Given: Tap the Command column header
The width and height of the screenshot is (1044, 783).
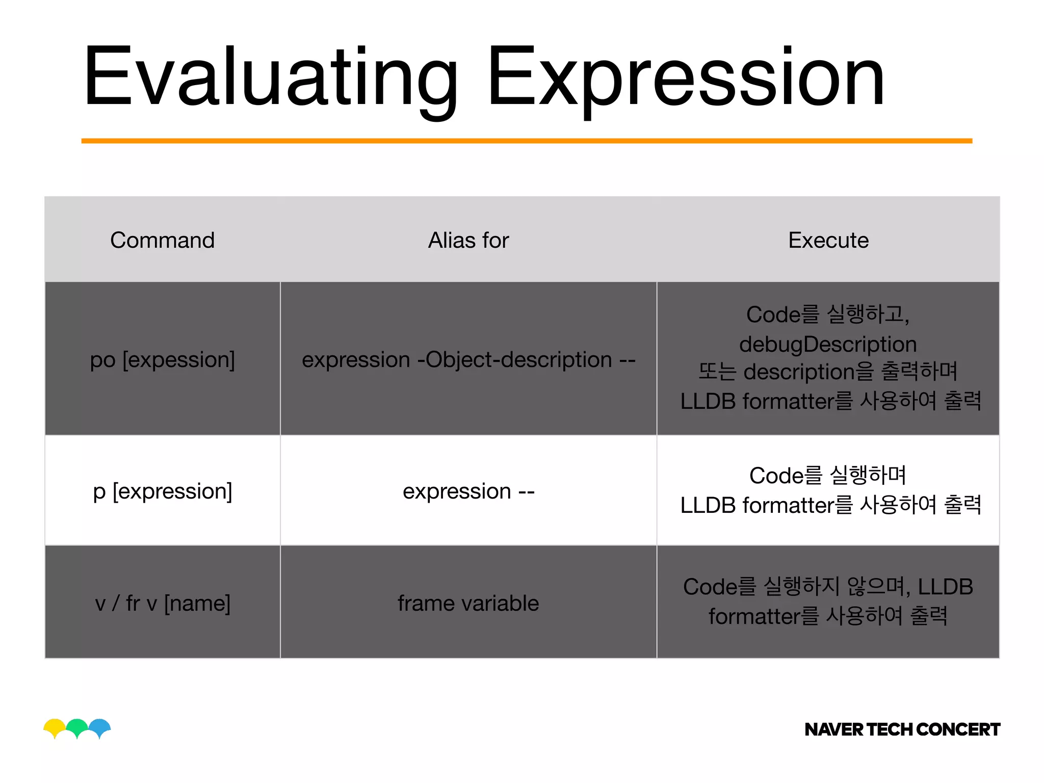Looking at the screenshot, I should coord(162,240).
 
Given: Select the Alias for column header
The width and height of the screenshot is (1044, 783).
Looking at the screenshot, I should coord(468,240).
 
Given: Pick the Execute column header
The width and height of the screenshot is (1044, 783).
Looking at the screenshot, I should coord(828,240).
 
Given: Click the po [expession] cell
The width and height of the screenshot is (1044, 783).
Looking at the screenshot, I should coord(162,359).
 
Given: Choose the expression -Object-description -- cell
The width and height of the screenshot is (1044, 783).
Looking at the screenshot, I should coord(468,359).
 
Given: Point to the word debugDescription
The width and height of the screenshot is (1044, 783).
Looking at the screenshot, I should coord(828,344).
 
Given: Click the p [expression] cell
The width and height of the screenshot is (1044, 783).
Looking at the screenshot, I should coord(162,491).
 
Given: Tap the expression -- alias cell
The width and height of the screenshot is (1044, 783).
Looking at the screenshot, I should coord(468,491).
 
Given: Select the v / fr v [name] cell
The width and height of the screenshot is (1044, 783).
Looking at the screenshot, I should coord(162,603).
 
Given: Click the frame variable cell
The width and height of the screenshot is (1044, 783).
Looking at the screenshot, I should coord(468,603).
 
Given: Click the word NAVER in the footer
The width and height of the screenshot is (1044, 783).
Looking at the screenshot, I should coord(833,729).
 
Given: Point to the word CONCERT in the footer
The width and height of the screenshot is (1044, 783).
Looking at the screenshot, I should coord(958,729).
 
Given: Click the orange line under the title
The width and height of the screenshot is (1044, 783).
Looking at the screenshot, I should coord(527,141).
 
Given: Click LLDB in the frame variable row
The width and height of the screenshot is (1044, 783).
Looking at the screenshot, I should coord(945,587).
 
